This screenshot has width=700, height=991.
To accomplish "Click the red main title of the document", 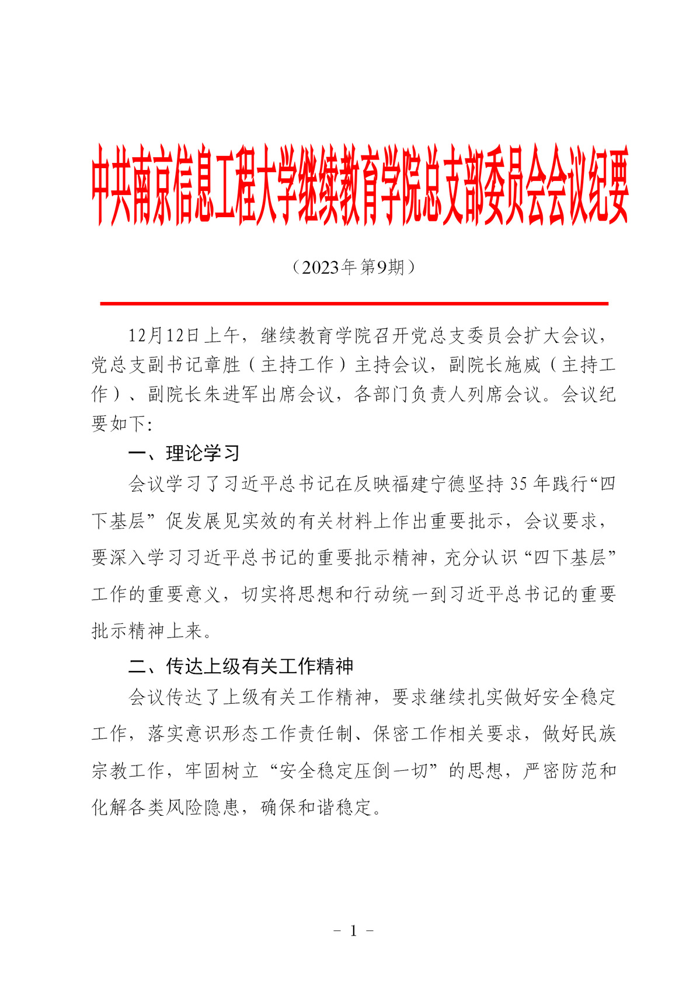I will pos(360,186).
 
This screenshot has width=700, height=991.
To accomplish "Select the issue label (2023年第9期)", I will pos(353,267).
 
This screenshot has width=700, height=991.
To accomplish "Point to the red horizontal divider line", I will pos(354,304).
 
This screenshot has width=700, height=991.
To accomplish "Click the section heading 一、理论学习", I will pos(184,453).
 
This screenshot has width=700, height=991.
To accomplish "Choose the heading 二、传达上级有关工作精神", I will pos(241,666).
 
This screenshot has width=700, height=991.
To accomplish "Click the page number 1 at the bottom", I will pos(353,931).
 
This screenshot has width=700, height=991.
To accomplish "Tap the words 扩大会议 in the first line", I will pos(560,336).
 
